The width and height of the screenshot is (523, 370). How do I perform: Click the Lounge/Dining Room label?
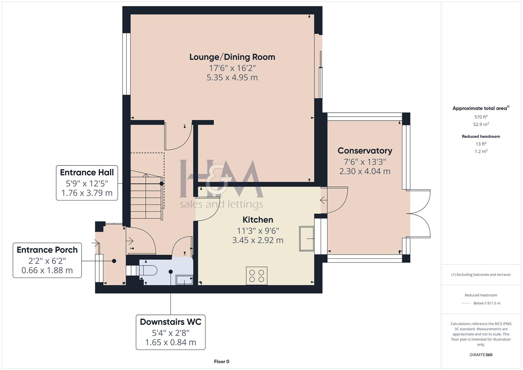tap(232, 57)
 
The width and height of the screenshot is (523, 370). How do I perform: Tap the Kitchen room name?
tap(258, 220)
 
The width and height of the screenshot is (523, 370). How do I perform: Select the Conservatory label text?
tap(365, 151)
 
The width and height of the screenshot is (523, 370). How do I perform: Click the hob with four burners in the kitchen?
tap(257, 276)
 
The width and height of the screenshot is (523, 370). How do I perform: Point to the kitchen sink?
tap(307, 238)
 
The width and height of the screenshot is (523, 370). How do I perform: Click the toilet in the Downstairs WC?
tap(147, 271)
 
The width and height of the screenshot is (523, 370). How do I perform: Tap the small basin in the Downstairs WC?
tap(184, 280)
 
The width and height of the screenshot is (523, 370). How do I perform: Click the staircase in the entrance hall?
tap(146, 197)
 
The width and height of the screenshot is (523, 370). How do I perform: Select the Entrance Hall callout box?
tap(87, 183)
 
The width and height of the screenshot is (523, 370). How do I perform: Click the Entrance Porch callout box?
tap(47, 260)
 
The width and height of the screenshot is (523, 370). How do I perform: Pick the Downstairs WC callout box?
tap(171, 332)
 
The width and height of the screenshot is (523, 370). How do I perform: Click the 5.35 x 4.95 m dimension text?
tap(232, 77)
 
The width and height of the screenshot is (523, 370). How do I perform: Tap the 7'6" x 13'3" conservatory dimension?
tap(365, 162)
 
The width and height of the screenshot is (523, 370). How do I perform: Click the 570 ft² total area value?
tap(481, 117)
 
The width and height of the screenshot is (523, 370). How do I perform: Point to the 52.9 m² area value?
tap(481, 124)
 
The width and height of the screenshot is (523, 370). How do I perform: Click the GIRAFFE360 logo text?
tap(481, 355)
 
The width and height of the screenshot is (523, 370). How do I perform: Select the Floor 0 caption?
tap(222, 361)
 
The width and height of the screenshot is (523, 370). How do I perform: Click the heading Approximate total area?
tap(480, 108)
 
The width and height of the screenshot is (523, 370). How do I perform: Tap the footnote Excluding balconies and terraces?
tap(481, 274)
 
